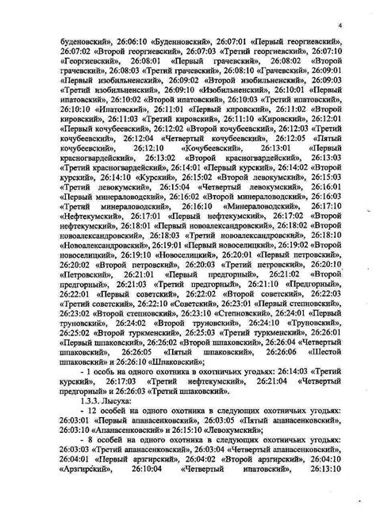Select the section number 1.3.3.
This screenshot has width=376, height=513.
pos(93,400)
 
